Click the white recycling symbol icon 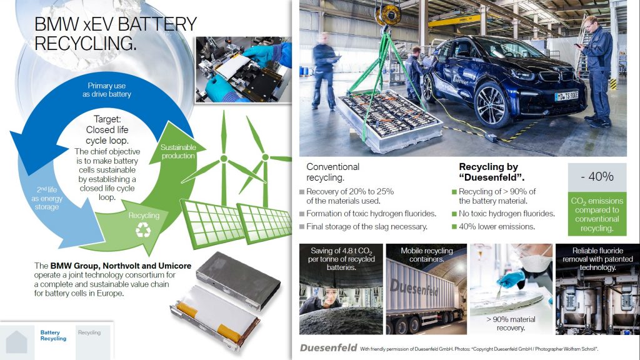(x=143, y=230)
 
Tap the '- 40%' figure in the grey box (x=597, y=176)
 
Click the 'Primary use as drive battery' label (x=106, y=90)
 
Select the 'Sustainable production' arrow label (x=178, y=151)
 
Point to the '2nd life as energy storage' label (x=47, y=198)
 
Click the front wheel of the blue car (x=491, y=105)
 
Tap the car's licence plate (x=566, y=96)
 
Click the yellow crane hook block (x=388, y=15)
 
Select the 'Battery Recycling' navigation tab (x=53, y=336)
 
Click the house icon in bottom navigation (x=16, y=341)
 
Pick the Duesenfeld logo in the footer (x=328, y=347)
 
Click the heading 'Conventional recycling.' (x=332, y=172)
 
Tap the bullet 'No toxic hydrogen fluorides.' (x=506, y=214)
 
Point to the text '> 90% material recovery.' (x=511, y=324)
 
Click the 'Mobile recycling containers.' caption (x=426, y=255)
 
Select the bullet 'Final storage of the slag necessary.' (x=366, y=226)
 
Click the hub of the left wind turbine (x=223, y=158)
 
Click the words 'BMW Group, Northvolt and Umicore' (x=121, y=266)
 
